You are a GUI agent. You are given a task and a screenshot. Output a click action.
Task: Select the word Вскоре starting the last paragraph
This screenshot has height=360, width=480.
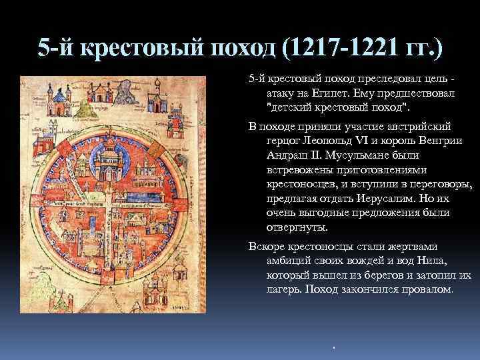pos(267,245)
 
